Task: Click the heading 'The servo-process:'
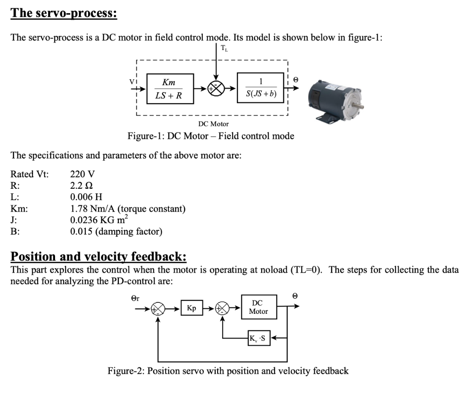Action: [x=64, y=12]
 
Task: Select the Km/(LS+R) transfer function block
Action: [x=169, y=88]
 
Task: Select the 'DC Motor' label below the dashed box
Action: [x=213, y=124]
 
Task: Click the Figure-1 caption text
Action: [x=211, y=136]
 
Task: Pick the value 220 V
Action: [x=83, y=174]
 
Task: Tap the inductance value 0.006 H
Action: [x=86, y=197]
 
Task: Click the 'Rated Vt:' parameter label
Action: [x=29, y=174]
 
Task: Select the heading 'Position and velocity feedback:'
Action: [x=98, y=256]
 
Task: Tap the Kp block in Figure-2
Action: [x=191, y=308]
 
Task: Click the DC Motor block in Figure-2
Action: [x=258, y=307]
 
